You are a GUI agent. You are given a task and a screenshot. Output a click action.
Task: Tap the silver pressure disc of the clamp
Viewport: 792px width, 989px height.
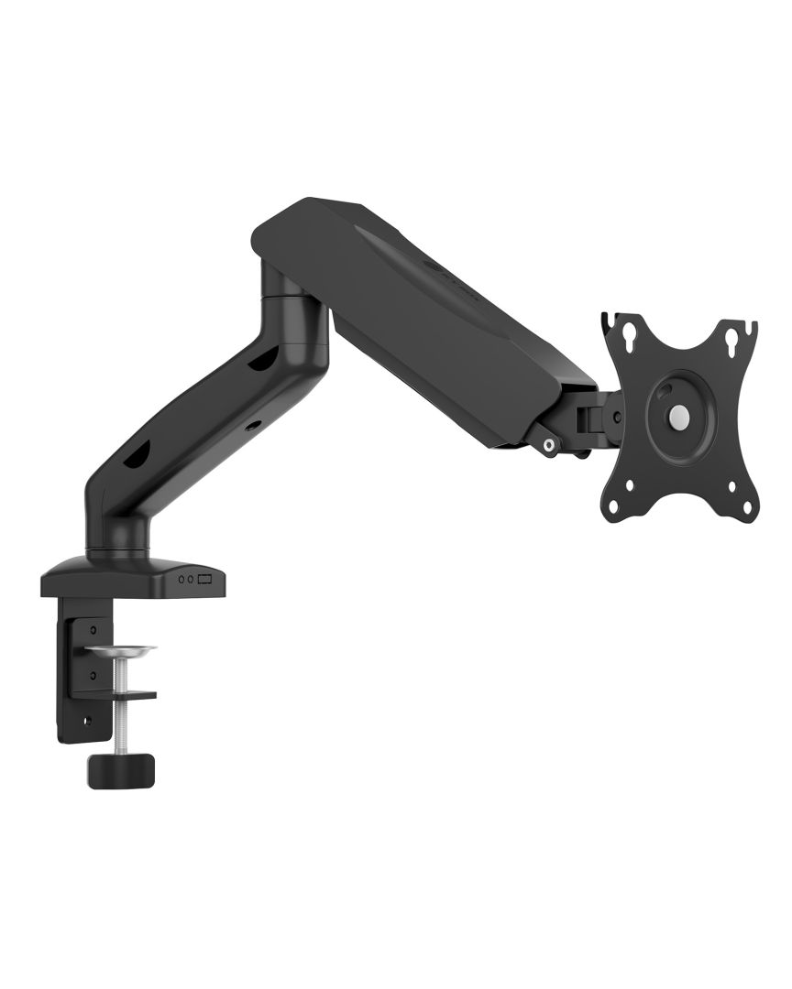click(123, 650)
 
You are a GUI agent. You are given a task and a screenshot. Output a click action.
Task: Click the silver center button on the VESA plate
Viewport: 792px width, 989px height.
click(677, 416)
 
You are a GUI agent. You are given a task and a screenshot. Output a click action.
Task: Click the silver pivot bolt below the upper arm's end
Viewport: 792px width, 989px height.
click(548, 446)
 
